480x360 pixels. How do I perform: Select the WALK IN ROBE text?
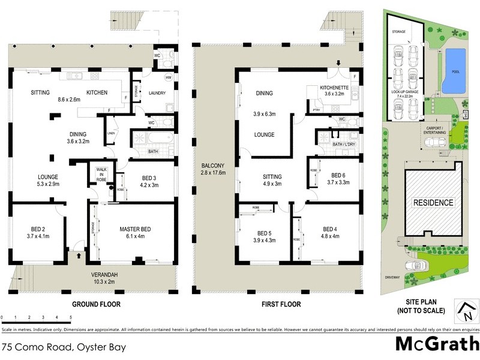[x=101, y=174]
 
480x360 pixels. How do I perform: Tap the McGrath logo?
[x=436, y=344]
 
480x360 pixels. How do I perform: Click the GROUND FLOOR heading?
[x=96, y=304]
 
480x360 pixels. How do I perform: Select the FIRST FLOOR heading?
[x=281, y=304]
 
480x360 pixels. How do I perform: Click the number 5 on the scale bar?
[x=71, y=317]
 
